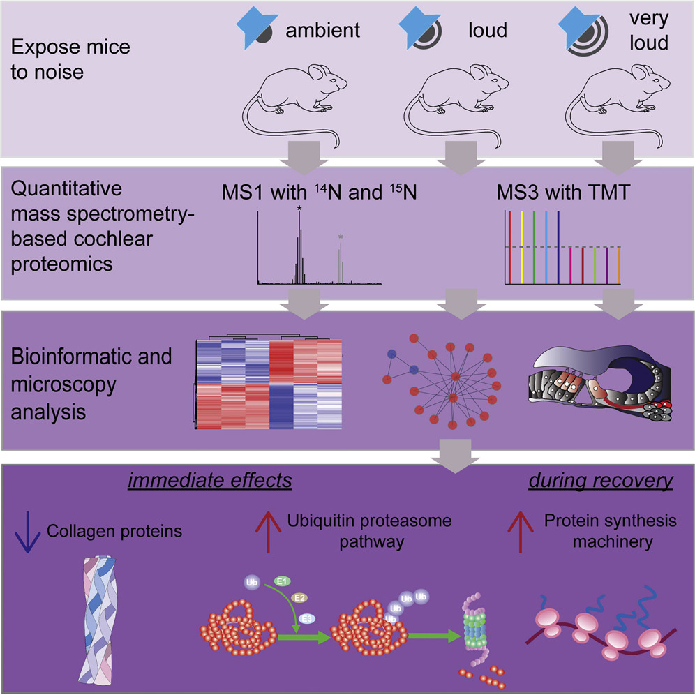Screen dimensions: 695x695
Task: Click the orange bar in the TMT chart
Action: click(618, 265)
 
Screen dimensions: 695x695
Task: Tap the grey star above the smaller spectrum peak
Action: click(341, 238)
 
